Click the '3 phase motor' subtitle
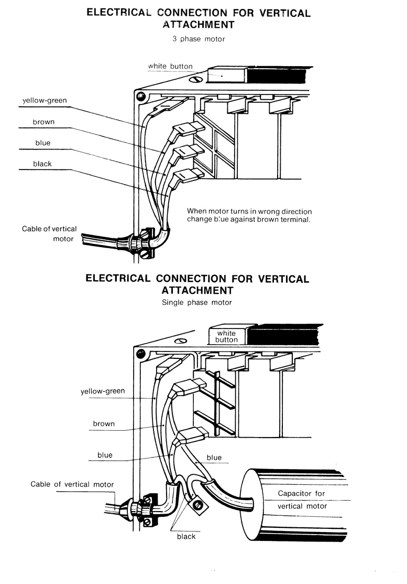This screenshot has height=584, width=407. [x=199, y=39]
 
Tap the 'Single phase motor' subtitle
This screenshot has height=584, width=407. [x=197, y=302]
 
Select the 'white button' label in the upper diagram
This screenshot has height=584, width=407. [x=170, y=67]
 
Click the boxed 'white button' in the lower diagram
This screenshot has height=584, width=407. [x=226, y=336]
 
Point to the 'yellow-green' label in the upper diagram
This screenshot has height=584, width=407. [x=45, y=101]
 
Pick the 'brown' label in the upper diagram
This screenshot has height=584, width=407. [x=43, y=122]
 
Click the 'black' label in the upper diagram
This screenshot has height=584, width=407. [x=42, y=164]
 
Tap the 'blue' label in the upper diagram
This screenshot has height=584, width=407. [x=43, y=143]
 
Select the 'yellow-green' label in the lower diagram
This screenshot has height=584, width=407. [x=103, y=391]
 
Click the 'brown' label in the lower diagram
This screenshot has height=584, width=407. [x=104, y=423]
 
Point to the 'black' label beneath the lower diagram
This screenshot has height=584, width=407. [x=186, y=536]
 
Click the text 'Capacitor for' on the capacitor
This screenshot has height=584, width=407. [x=302, y=494]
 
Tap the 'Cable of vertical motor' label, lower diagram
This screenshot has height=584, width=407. [x=72, y=484]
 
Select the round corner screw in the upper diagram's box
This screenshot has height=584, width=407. [x=140, y=96]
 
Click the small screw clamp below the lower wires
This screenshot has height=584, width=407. [x=199, y=505]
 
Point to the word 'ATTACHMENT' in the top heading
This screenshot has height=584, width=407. [x=199, y=24]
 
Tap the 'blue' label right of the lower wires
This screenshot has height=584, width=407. [x=214, y=458]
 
